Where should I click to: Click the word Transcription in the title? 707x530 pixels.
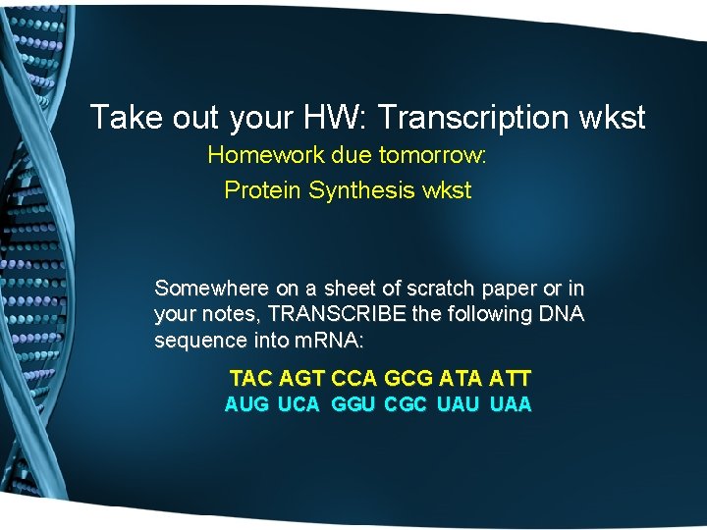tap(472, 118)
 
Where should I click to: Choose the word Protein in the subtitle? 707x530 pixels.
tap(263, 190)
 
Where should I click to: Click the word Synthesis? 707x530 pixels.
tap(361, 190)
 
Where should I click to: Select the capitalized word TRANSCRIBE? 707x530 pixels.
tap(335, 315)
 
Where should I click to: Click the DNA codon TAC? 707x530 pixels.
tap(250, 378)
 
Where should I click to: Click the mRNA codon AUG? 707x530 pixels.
tap(246, 404)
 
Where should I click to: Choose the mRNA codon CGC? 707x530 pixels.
tap(406, 404)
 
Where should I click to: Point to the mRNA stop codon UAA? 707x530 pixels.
tap(511, 404)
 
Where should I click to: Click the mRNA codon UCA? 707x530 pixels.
tap(299, 404)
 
